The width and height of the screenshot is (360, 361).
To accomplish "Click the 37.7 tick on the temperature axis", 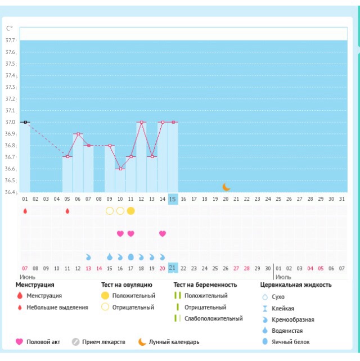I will tap(10, 40).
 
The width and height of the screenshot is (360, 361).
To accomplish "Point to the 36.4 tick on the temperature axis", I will tap(10, 192).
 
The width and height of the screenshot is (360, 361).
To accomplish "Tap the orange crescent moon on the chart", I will tap(226, 187).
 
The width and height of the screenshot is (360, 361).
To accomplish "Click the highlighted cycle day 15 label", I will tap(173, 198).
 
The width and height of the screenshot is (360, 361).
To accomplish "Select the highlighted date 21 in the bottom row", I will tap(173, 268).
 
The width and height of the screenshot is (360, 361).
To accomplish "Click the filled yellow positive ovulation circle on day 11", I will tap(130, 211).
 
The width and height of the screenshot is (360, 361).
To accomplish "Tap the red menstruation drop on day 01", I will tap(25, 211).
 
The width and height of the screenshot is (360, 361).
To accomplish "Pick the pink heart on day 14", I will tap(163, 233).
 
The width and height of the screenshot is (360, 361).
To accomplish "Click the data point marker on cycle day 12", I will tap(141, 122).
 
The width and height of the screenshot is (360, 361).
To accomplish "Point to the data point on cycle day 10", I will tap(120, 169).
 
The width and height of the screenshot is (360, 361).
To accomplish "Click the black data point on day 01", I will tap(25, 122).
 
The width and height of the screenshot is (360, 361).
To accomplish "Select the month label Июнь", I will tap(28, 277).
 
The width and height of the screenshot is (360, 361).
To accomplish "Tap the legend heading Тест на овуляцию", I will tap(127, 285).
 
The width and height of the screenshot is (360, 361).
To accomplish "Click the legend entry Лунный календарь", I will tap(173, 342).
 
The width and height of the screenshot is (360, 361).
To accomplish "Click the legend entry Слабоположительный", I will tap(213, 318).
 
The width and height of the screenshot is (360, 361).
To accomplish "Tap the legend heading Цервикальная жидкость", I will tap(296, 285).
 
